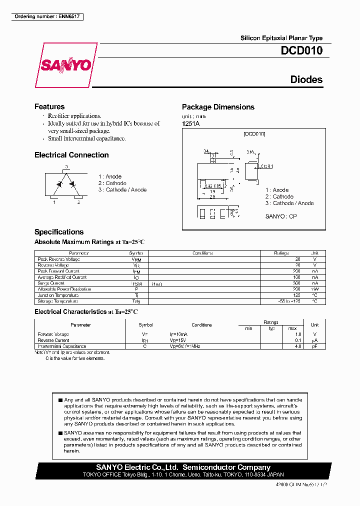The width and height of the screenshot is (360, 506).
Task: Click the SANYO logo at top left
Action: [65, 65]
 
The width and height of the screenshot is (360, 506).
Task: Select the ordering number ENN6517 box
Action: [47, 16]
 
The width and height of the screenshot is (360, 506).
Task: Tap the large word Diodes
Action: [306, 79]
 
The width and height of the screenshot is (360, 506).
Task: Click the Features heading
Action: [49, 106]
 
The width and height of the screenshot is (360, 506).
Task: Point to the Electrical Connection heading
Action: [71, 155]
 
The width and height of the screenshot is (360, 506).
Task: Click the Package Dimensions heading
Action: [218, 107]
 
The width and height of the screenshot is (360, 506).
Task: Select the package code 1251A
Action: [191, 123]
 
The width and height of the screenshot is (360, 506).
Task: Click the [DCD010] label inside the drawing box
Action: [254, 134]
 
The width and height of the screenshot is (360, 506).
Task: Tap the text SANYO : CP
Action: [281, 216]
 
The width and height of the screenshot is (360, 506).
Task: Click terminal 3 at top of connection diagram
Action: [66, 167]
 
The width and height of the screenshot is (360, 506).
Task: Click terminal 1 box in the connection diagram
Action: [54, 198]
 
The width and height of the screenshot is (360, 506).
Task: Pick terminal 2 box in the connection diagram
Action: [78, 198]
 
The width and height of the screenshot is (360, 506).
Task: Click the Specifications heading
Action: [59, 232]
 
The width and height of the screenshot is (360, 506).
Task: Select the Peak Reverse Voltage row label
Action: [58, 259]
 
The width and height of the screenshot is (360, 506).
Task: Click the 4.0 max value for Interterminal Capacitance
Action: [298, 346]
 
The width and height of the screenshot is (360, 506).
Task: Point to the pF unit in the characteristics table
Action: [314, 346]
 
